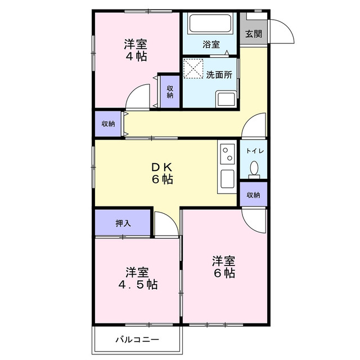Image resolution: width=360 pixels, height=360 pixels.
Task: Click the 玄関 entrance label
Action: tap(254, 33)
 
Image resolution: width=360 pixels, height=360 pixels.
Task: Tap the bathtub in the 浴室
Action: tap(209, 24)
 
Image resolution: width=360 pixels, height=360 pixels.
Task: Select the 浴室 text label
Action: tap(211, 44)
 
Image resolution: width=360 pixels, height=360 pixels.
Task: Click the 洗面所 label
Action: tap(217, 74)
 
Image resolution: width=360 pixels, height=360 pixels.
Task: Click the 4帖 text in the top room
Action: tap(136, 56)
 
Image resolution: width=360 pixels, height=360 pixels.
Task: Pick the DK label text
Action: tap(161, 167)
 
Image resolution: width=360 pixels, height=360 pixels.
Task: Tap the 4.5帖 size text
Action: tap(137, 284)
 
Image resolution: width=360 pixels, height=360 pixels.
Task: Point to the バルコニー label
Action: tap(137, 340)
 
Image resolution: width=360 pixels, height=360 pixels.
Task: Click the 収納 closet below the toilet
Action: tap(253, 195)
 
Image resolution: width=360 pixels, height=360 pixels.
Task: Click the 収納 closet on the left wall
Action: tap(109, 124)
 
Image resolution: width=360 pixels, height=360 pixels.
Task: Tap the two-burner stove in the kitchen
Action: tap(227, 154)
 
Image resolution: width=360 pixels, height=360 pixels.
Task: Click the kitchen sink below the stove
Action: tap(227, 179)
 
